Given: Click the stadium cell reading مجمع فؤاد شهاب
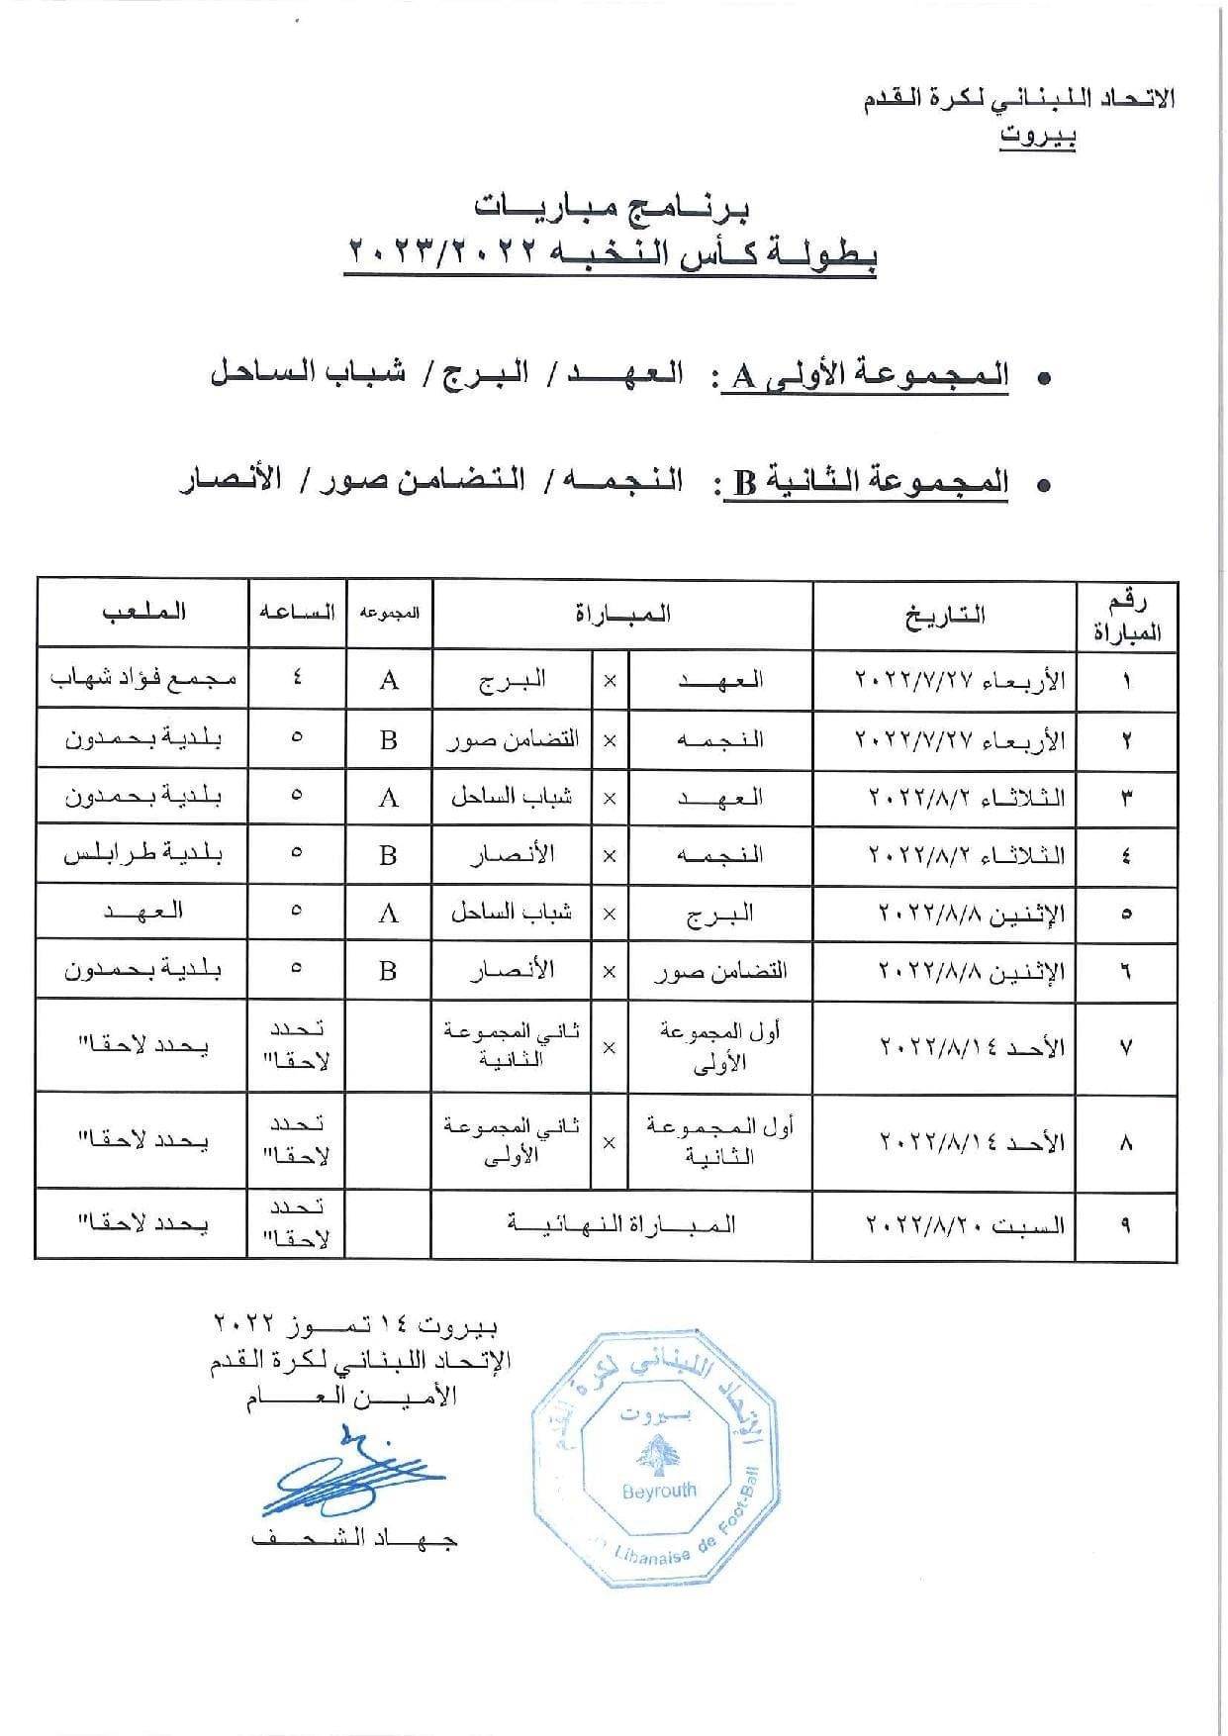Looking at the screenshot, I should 142,679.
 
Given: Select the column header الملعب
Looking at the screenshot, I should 144,613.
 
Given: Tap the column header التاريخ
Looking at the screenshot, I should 945,615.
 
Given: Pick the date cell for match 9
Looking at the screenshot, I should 965,1225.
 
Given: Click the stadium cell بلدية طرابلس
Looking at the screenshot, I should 142,854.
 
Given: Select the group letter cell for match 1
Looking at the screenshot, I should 389,680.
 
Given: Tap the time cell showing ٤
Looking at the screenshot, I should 297,680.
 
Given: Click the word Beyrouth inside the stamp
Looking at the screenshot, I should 659,1490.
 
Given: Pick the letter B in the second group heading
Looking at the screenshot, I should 744,484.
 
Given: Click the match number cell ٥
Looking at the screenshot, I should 1127,914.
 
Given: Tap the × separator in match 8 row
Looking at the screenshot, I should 609,1142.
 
